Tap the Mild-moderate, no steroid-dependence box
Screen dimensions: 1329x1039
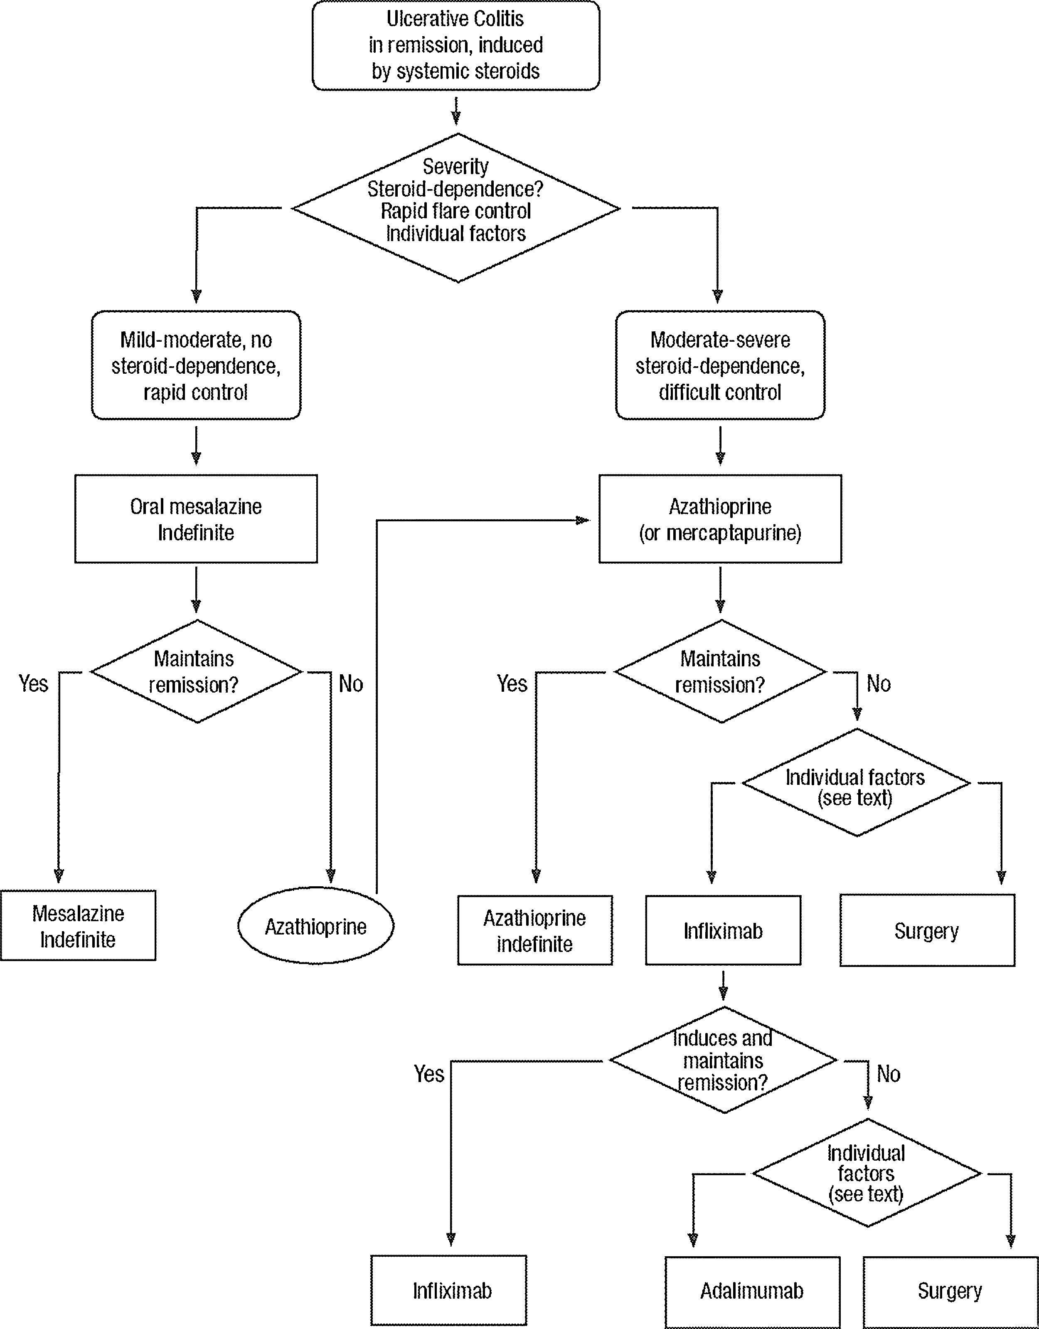click(196, 365)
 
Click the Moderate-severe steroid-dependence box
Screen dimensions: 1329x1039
click(720, 365)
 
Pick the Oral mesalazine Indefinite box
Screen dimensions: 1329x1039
click(196, 519)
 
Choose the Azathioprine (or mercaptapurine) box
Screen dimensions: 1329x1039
click(720, 519)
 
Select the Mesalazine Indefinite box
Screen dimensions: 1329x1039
click(78, 925)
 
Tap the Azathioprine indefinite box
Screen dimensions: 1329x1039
click(535, 930)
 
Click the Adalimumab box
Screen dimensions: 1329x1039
click(752, 1291)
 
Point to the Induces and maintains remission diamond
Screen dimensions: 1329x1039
click(723, 1060)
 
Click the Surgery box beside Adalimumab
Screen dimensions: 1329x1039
click(950, 1291)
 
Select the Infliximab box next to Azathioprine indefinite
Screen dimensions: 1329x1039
click(723, 930)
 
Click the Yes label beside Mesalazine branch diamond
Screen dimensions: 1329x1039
click(34, 683)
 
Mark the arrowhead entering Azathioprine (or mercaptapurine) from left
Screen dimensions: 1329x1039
click(584, 520)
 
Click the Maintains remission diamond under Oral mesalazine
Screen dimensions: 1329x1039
click(196, 671)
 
